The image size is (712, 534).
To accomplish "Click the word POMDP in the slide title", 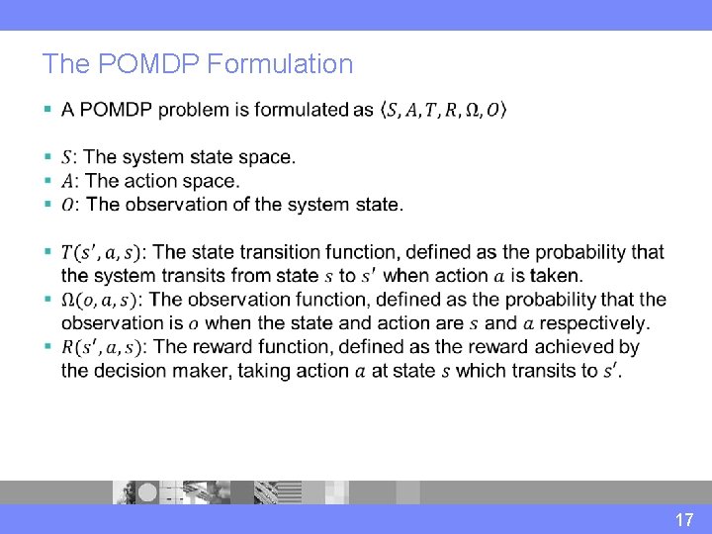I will (x=136, y=64).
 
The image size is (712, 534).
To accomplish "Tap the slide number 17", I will (x=684, y=519).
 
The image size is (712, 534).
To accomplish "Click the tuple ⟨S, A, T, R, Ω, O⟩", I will (x=444, y=110).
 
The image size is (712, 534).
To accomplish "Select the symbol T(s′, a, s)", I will (x=99, y=252).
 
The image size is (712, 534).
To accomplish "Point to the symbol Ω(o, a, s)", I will (x=101, y=300).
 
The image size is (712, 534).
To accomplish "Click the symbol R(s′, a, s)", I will (x=100, y=347).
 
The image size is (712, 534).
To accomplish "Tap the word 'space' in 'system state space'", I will (x=267, y=157).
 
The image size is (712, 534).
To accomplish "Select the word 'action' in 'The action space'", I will (x=153, y=181).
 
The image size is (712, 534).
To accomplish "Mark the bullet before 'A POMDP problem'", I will (x=47, y=110).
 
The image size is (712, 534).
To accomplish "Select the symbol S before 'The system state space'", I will (x=66, y=157).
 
